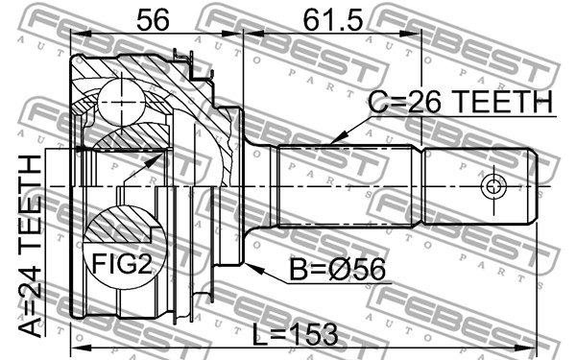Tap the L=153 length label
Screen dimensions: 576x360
point(295,335)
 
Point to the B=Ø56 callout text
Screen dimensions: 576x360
point(338,269)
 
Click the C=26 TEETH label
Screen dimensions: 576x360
point(460,102)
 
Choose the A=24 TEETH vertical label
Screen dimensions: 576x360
point(30,246)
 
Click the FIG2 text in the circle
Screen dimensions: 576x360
point(122,263)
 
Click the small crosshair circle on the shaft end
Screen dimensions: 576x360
point(493,186)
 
